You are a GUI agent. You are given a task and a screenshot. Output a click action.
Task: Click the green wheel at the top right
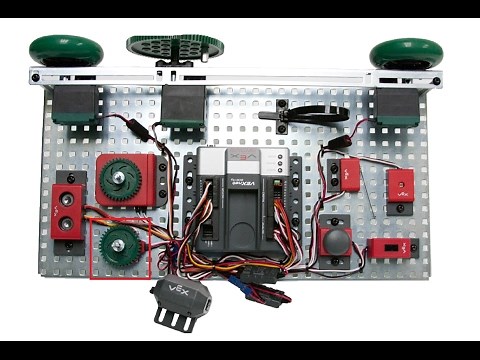click(x=406, y=53)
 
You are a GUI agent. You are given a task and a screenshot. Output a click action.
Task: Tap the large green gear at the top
click(x=176, y=47)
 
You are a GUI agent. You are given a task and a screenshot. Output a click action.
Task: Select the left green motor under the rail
click(x=74, y=104)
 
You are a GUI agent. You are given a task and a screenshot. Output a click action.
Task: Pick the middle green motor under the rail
click(x=183, y=104)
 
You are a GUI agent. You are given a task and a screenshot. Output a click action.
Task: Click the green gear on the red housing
click(x=121, y=180)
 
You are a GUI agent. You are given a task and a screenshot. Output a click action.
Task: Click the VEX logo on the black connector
click(x=176, y=293)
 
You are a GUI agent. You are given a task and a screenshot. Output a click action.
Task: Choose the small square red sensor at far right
click(x=400, y=184)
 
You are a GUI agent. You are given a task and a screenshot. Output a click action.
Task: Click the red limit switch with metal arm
click(x=349, y=173)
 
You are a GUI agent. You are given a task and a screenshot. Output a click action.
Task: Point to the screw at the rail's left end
click(x=36, y=76)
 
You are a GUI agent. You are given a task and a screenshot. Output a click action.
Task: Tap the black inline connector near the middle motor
click(x=140, y=130)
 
